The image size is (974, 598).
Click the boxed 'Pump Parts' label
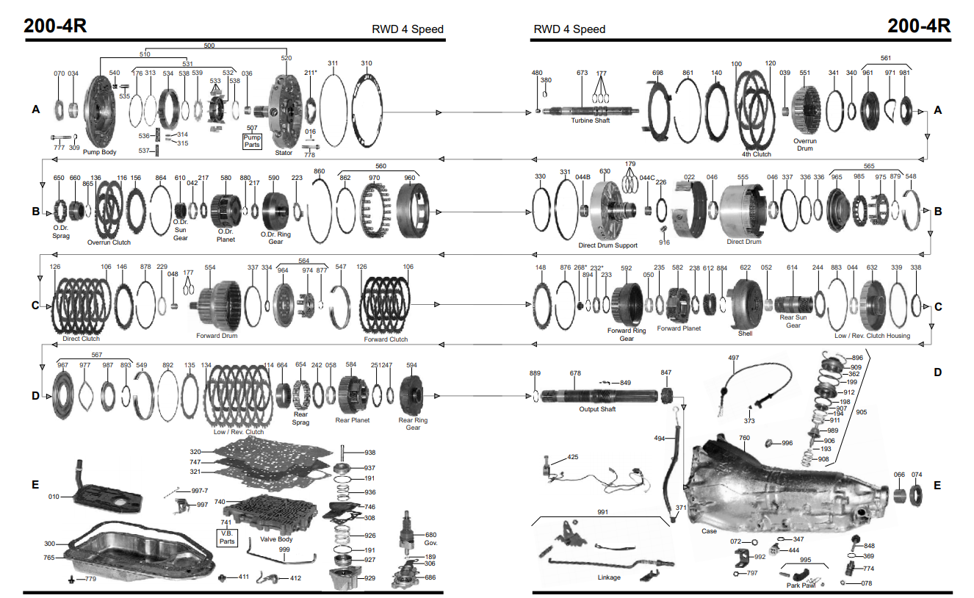(253, 141)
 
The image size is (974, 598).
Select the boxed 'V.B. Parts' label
(227, 537)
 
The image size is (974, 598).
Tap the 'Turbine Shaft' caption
(591, 120)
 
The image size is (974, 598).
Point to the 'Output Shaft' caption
(597, 409)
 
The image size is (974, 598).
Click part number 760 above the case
(744, 438)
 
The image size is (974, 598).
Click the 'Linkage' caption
(609, 577)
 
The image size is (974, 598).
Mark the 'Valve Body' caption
(276, 539)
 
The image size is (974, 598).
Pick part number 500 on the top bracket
(209, 46)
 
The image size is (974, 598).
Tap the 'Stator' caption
(284, 153)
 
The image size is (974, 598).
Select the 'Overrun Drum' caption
(805, 145)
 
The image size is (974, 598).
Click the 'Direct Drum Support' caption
(607, 245)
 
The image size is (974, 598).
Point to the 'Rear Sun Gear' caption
(793, 322)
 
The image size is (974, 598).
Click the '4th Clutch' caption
(756, 154)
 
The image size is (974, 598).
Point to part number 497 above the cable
(733, 358)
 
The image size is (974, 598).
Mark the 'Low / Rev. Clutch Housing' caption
(872, 336)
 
